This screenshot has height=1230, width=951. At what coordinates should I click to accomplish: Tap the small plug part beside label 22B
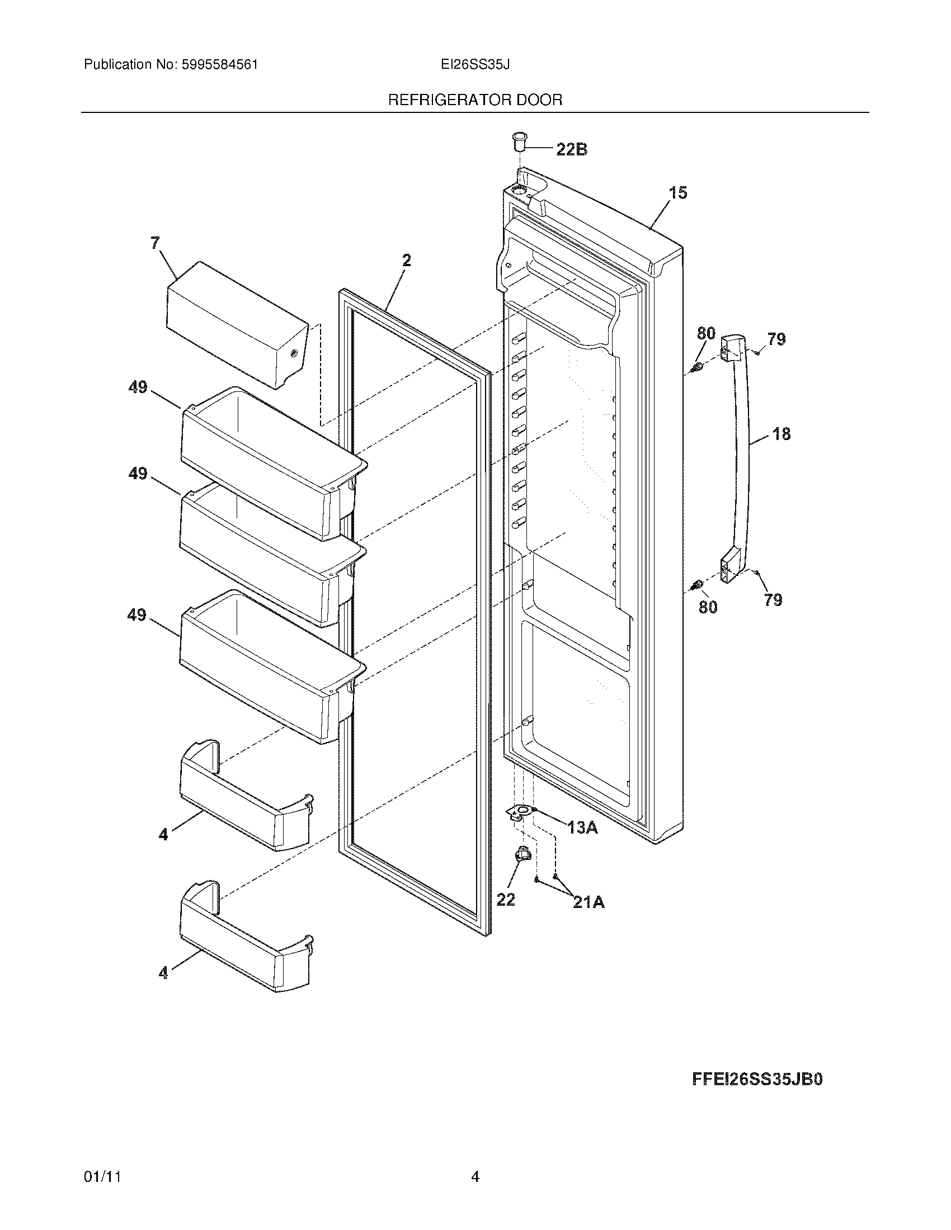519,141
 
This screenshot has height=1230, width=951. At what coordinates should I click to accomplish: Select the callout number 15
678,193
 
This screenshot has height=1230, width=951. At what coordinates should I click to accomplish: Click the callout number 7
155,243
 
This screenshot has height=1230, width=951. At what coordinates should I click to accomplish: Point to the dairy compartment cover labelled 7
237,324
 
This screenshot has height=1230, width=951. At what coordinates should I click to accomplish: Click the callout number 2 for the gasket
406,260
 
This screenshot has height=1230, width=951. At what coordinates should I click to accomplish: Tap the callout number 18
781,434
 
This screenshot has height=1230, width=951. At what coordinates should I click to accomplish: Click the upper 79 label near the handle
776,339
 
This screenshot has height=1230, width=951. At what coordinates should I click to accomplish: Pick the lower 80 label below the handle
708,607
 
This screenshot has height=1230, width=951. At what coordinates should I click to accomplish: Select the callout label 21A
589,902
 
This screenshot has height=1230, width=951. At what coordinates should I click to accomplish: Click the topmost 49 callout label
138,387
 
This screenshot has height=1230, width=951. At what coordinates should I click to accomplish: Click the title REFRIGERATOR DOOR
475,100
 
